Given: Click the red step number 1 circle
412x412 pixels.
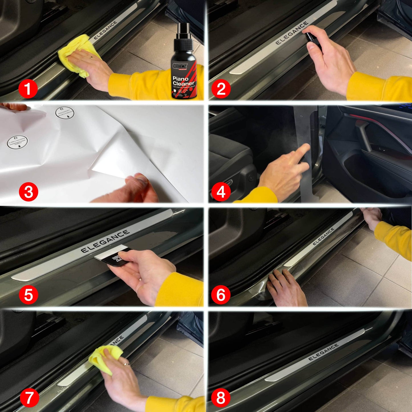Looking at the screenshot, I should coord(28,89).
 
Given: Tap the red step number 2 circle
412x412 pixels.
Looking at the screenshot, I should coord(221,89).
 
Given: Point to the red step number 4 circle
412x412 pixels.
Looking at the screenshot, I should coord(221,192).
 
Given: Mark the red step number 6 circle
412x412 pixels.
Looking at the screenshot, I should coord(221,295).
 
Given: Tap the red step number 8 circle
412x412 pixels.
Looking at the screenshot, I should coord(221,397).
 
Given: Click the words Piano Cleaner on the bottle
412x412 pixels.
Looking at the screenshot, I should coord(183,81).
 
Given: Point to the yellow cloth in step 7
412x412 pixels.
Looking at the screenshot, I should coord(104,358).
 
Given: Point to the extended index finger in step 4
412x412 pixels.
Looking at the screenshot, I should coord(303,152).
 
